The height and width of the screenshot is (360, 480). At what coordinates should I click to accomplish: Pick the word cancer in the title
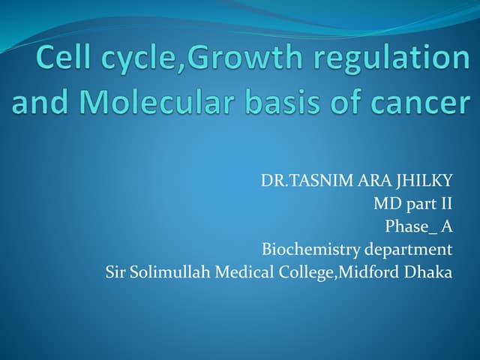(419, 103)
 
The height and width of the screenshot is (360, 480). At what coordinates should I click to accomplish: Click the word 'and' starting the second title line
(38, 103)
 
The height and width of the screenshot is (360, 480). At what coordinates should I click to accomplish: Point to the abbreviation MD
(387, 204)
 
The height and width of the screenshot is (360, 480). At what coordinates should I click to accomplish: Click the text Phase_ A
(418, 226)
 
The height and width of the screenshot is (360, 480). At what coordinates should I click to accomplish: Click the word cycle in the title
(131, 58)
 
